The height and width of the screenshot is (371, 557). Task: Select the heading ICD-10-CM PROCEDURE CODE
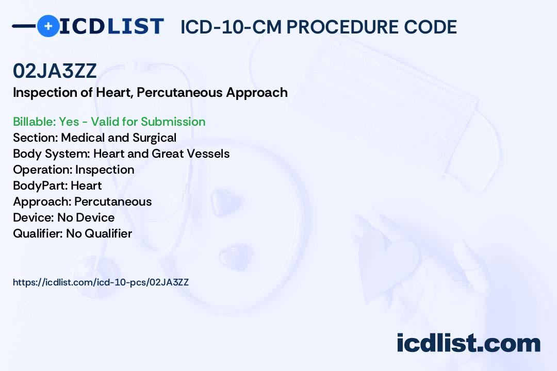coord(318,27)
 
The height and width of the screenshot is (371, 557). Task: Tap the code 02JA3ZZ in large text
coord(55,72)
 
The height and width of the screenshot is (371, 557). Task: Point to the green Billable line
coord(109,122)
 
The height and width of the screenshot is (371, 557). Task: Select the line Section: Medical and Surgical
coord(94,138)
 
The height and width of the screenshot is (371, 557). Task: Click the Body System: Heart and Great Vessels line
coord(121,154)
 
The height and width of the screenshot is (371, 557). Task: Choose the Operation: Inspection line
coord(73,170)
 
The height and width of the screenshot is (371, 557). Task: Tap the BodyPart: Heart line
coord(57,185)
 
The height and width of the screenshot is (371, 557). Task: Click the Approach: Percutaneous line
coord(82,201)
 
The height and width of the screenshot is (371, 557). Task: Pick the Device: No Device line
coord(63,217)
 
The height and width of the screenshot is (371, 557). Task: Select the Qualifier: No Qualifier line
coord(72,233)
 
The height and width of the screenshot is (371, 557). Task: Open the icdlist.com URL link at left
coord(101,282)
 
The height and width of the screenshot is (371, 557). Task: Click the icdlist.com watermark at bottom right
coord(468,343)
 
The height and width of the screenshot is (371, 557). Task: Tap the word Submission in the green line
coord(173,122)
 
